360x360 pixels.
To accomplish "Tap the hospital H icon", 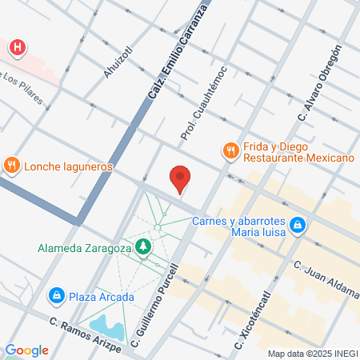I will click(17, 48).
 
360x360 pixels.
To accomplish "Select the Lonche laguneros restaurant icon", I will click(11, 166).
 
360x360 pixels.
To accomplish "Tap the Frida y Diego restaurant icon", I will click(230, 150).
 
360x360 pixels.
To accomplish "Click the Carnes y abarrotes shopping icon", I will click(297, 226).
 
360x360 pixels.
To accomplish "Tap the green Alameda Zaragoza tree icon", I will click(143, 247).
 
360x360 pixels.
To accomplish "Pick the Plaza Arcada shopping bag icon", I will click(57, 297).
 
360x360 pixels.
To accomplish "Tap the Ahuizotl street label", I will click(117, 63).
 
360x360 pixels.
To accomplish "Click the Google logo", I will click(26, 350).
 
